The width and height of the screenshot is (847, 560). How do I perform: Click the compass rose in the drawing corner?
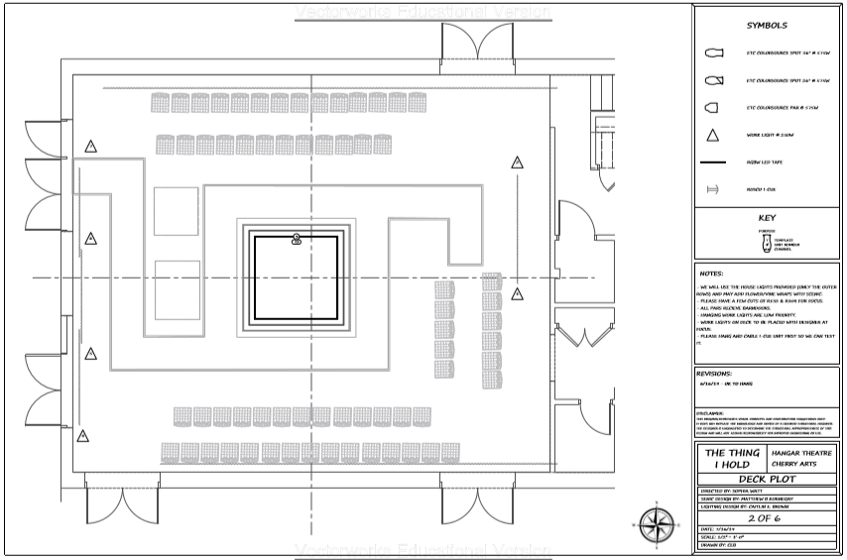[x=656, y=521]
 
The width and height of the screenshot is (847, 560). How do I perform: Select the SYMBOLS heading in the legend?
[x=766, y=26]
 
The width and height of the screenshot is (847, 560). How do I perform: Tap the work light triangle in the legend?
[x=711, y=136]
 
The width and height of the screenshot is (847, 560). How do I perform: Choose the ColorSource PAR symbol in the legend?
[x=711, y=107]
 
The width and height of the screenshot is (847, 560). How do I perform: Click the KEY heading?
[x=766, y=217]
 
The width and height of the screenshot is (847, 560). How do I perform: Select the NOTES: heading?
[x=711, y=273]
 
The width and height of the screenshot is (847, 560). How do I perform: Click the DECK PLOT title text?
[x=766, y=476]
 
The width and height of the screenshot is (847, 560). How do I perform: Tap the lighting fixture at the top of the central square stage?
[x=296, y=238]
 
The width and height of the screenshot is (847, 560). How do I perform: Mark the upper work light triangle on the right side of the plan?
[x=517, y=162]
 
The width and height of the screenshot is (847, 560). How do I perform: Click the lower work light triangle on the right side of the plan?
[x=517, y=294]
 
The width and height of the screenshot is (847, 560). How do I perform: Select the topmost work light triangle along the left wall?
[x=90, y=147]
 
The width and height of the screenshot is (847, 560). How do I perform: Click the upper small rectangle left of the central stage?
[x=177, y=210]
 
